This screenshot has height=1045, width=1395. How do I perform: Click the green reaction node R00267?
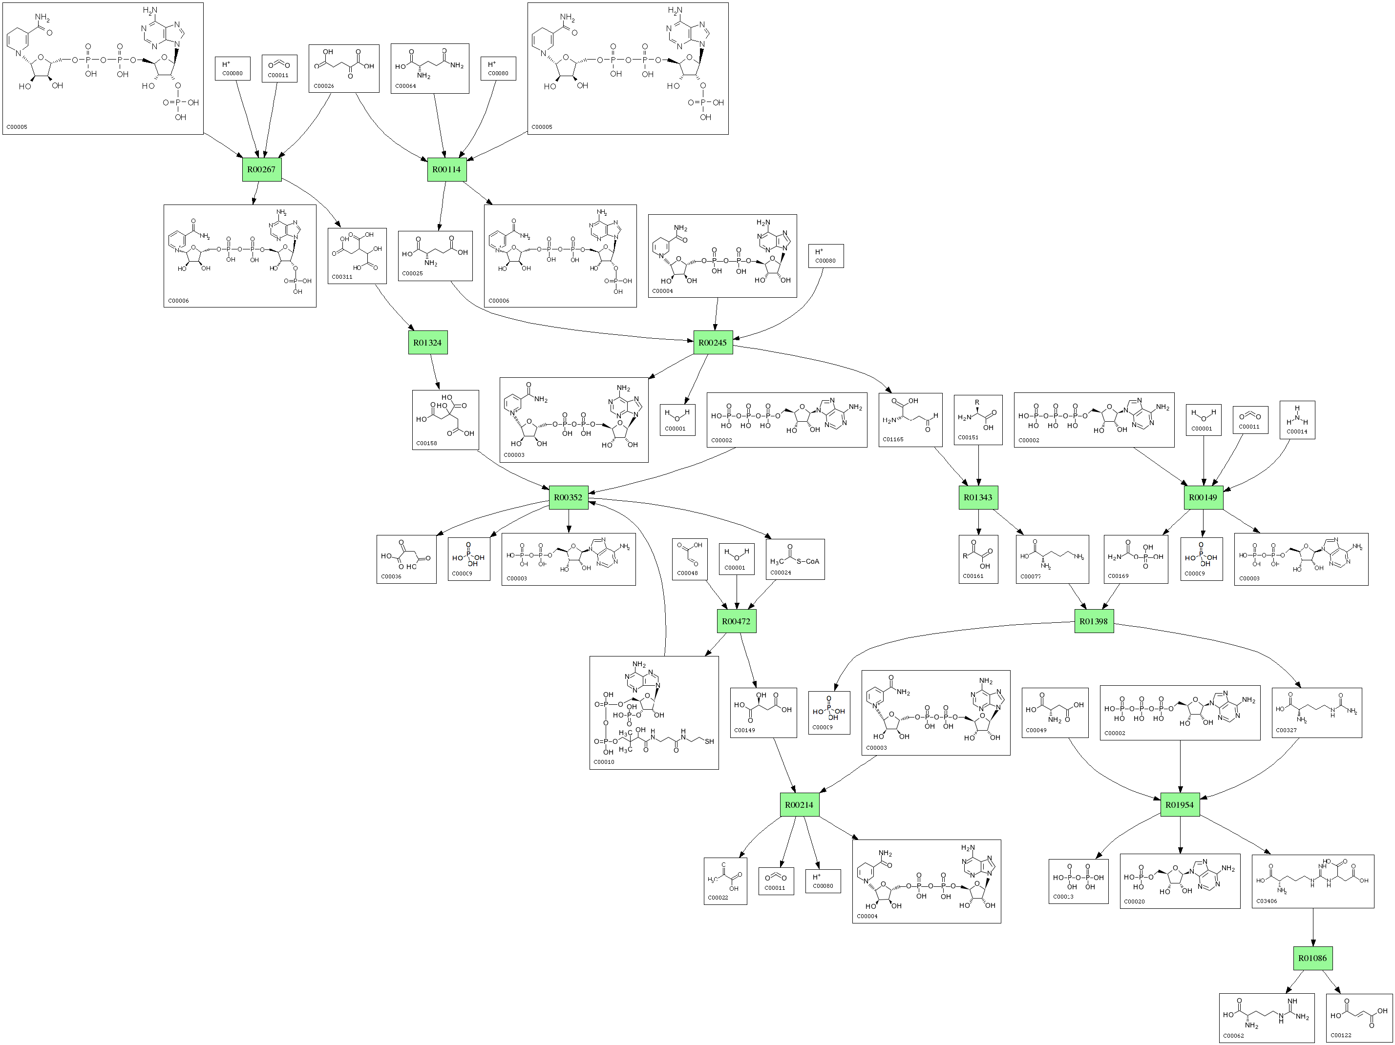click(x=262, y=169)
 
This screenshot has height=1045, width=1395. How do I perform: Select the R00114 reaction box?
click(x=446, y=169)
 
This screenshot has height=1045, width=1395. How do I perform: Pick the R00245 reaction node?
click(x=713, y=343)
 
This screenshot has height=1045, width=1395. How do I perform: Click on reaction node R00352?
click(x=568, y=497)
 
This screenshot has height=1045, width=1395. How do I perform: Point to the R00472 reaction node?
click(x=736, y=621)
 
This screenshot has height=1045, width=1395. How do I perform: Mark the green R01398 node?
click(x=1094, y=621)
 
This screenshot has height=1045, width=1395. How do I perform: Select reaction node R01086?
click(x=1312, y=959)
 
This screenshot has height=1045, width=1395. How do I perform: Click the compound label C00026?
click(x=323, y=86)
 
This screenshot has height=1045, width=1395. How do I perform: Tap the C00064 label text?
click(x=405, y=86)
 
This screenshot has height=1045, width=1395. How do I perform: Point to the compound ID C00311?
click(x=342, y=277)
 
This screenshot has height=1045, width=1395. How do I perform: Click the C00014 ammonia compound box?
click(x=1297, y=420)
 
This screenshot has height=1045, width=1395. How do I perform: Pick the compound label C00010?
click(x=604, y=762)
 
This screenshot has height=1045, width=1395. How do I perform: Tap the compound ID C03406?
click(x=1267, y=902)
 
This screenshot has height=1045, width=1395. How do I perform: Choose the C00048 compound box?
click(x=689, y=558)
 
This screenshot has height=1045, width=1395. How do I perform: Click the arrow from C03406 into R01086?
click(x=1313, y=927)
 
